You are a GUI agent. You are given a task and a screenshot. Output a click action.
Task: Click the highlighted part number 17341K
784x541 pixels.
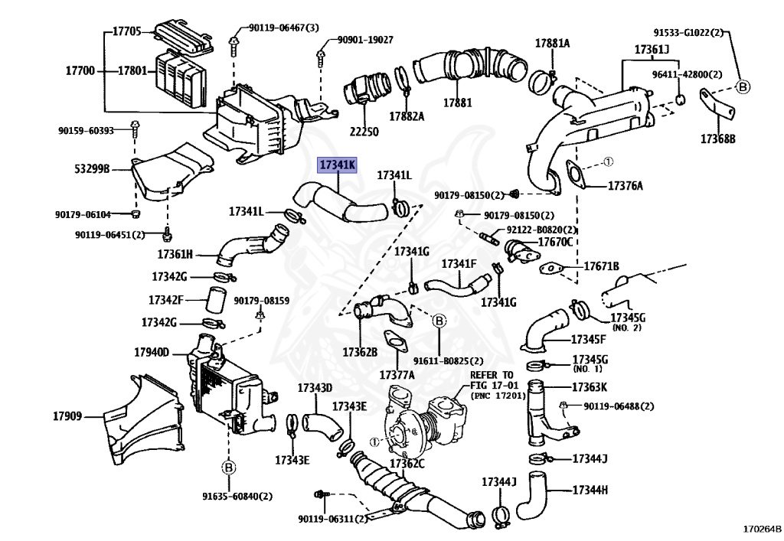[338, 165]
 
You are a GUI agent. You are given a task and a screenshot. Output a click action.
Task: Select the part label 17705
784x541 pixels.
[126, 31]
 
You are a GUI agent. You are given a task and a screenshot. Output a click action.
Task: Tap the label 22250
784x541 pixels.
[364, 132]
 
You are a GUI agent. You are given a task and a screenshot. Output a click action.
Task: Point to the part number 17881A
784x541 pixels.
[553, 44]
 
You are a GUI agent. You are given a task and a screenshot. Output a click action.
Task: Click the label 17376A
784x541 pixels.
[626, 187]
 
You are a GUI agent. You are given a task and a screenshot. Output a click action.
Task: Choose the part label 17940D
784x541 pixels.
[152, 353]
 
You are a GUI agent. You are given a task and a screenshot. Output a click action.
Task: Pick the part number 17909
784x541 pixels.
[67, 416]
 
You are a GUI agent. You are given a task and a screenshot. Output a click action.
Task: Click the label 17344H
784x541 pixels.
[590, 490]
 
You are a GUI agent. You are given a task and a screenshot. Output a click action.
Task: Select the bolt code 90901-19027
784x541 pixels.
[365, 40]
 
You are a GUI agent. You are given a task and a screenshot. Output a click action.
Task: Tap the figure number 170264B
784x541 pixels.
[762, 530]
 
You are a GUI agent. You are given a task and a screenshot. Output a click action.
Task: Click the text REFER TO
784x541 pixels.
[492, 375]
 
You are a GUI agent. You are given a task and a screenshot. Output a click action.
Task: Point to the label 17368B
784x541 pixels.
[718, 139]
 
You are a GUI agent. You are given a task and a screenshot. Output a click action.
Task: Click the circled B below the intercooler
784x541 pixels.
[228, 468]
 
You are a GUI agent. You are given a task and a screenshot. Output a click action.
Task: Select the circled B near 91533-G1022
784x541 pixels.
[743, 87]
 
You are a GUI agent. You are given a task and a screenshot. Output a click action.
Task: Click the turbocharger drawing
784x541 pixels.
[424, 417]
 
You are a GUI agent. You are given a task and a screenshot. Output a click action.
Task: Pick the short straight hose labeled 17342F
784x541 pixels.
[216, 300]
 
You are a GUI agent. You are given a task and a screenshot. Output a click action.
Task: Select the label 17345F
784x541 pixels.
[589, 340]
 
